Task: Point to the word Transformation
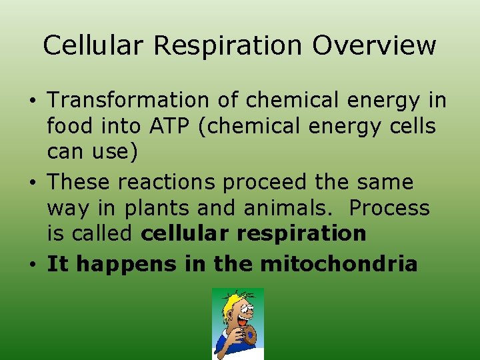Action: (x=129, y=101)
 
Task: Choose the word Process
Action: (x=390, y=209)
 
